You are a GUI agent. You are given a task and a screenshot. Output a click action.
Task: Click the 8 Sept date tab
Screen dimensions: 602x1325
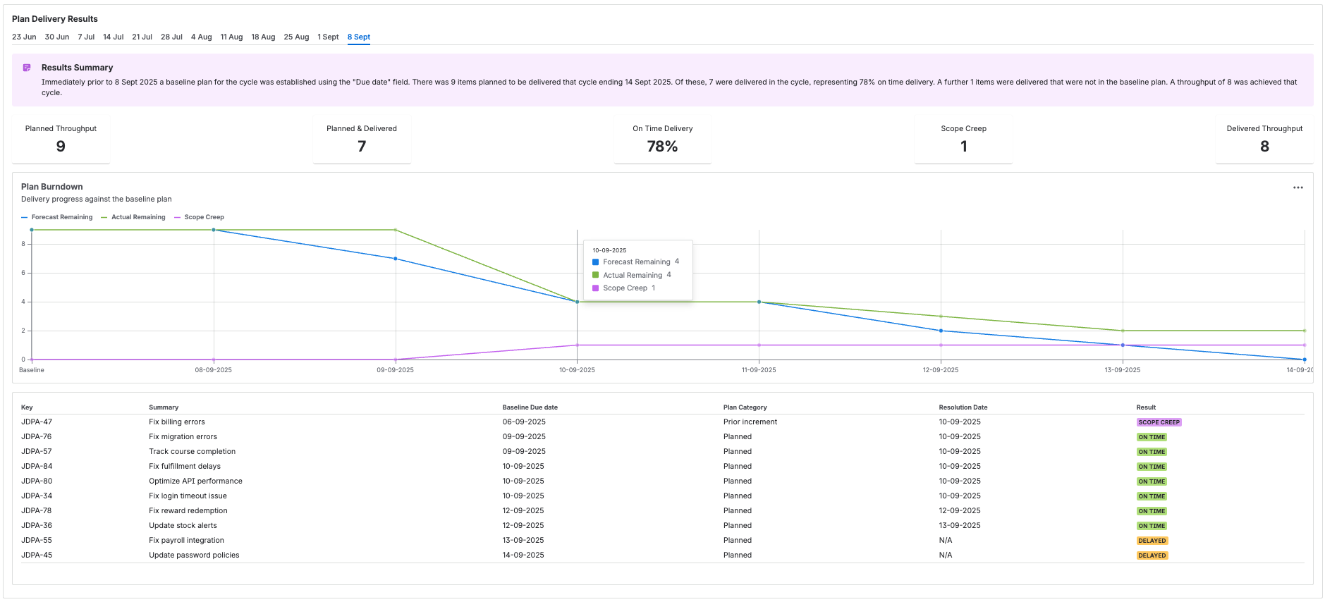[x=358, y=37]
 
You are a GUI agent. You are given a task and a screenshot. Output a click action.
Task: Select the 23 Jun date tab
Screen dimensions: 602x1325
[x=24, y=37]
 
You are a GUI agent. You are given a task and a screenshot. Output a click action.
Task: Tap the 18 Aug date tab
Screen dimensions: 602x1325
[x=263, y=37]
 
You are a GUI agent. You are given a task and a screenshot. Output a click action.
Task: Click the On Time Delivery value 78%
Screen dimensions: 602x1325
[x=662, y=147]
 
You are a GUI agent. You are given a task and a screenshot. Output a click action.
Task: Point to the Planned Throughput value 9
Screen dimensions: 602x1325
[x=61, y=147]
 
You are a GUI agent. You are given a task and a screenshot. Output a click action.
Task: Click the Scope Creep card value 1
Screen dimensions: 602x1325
[x=963, y=147]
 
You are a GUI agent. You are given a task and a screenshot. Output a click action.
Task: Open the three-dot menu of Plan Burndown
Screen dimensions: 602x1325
[x=1297, y=188]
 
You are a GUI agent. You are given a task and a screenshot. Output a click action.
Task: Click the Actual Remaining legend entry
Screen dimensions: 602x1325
[x=138, y=217]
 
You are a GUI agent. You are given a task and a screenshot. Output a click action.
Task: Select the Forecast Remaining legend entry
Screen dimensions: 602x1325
[x=61, y=217]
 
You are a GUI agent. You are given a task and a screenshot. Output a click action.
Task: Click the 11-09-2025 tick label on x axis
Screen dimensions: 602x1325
[x=759, y=370]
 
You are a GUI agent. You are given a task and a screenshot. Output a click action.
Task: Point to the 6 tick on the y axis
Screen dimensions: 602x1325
[x=23, y=273]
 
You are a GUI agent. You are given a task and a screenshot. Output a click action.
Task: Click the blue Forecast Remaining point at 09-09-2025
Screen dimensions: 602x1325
[x=396, y=259]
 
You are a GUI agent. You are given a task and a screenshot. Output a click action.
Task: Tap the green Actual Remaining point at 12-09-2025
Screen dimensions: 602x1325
[x=941, y=317]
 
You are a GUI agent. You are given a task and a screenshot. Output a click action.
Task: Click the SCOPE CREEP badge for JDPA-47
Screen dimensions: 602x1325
[x=1159, y=422]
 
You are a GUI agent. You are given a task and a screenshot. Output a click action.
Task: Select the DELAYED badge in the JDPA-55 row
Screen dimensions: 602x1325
[x=1152, y=541]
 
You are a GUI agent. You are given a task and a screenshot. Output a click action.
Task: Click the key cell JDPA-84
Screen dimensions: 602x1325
[x=37, y=466]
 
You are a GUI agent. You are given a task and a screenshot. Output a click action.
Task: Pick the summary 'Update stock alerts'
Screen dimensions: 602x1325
[x=183, y=525]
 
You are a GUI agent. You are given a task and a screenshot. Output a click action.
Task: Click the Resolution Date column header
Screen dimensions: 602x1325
[x=963, y=407]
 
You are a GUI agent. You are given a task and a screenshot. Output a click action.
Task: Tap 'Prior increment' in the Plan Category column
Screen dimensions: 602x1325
[x=750, y=422]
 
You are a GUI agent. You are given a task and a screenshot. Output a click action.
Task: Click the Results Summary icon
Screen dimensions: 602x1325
[x=27, y=68]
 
